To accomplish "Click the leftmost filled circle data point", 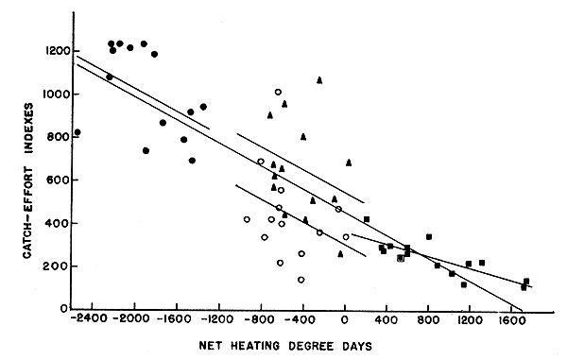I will coord(77,132).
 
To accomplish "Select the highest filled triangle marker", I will coord(319,80).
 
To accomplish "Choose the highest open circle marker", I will coord(278,92).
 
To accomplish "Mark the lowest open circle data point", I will coord(301,280).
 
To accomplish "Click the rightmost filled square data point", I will coord(526,282).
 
